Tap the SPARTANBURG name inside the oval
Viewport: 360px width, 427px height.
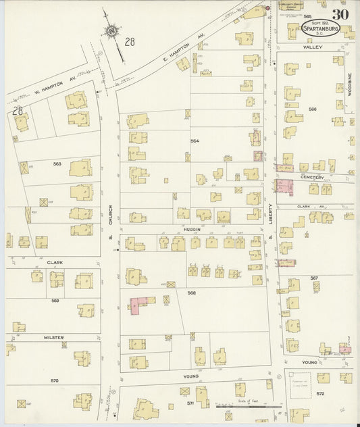pyautogui.click(x=321, y=29)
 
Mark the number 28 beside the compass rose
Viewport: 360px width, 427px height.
pyautogui.click(x=130, y=42)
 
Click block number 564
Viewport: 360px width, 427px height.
pyautogui.click(x=195, y=141)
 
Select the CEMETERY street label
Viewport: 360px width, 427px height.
pyautogui.click(x=313, y=178)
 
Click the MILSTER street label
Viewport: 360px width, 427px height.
pyautogui.click(x=54, y=336)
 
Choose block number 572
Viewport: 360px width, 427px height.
pyautogui.click(x=320, y=393)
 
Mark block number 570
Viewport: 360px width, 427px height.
pyautogui.click(x=55, y=380)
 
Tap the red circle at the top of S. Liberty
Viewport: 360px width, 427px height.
pyautogui.click(x=267, y=8)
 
